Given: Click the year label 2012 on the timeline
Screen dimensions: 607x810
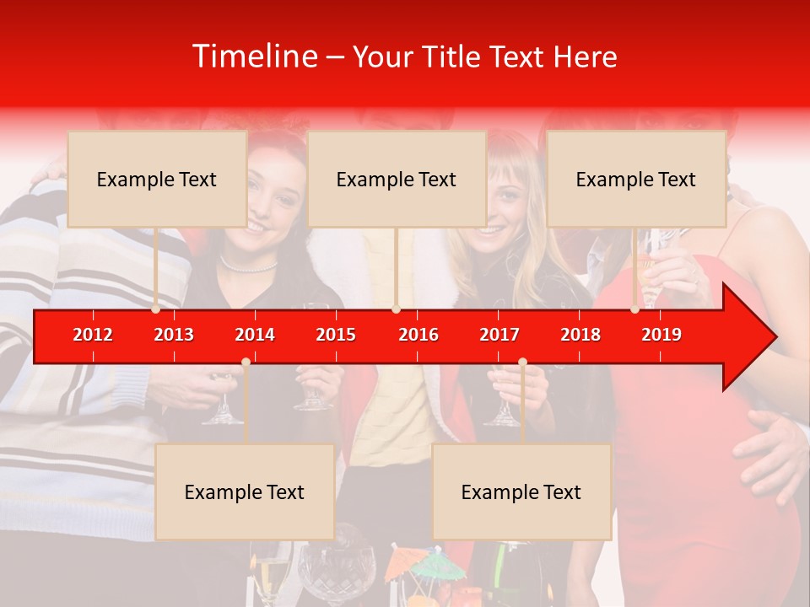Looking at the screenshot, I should pyautogui.click(x=93, y=335).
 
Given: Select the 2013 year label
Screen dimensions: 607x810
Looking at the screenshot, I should pyautogui.click(x=174, y=335).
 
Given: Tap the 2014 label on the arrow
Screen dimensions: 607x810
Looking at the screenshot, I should pyautogui.click(x=255, y=335).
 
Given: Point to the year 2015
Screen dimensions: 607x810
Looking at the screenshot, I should pyautogui.click(x=336, y=335).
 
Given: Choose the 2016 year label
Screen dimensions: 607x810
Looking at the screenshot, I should pyautogui.click(x=418, y=335).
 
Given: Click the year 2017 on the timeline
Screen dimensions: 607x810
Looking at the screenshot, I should pyautogui.click(x=499, y=335).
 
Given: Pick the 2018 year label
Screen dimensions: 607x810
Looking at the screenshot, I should pyautogui.click(x=580, y=335).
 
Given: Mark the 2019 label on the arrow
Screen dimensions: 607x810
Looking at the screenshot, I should pyautogui.click(x=661, y=335).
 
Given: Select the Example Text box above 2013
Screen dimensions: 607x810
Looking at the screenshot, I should pyautogui.click(x=157, y=179).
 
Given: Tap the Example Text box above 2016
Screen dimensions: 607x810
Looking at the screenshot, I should pyautogui.click(x=397, y=179).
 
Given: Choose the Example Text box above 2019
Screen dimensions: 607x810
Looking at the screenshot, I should pyautogui.click(x=636, y=179).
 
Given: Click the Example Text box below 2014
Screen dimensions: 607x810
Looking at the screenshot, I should pyautogui.click(x=245, y=492).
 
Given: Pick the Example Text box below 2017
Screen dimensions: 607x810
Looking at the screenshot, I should pyautogui.click(x=521, y=492).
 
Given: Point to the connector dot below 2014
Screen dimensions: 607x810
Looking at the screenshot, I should pyautogui.click(x=246, y=362).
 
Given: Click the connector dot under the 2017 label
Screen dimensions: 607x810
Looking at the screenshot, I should pyautogui.click(x=522, y=362).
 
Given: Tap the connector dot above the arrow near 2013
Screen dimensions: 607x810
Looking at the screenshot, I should pyautogui.click(x=156, y=309).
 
